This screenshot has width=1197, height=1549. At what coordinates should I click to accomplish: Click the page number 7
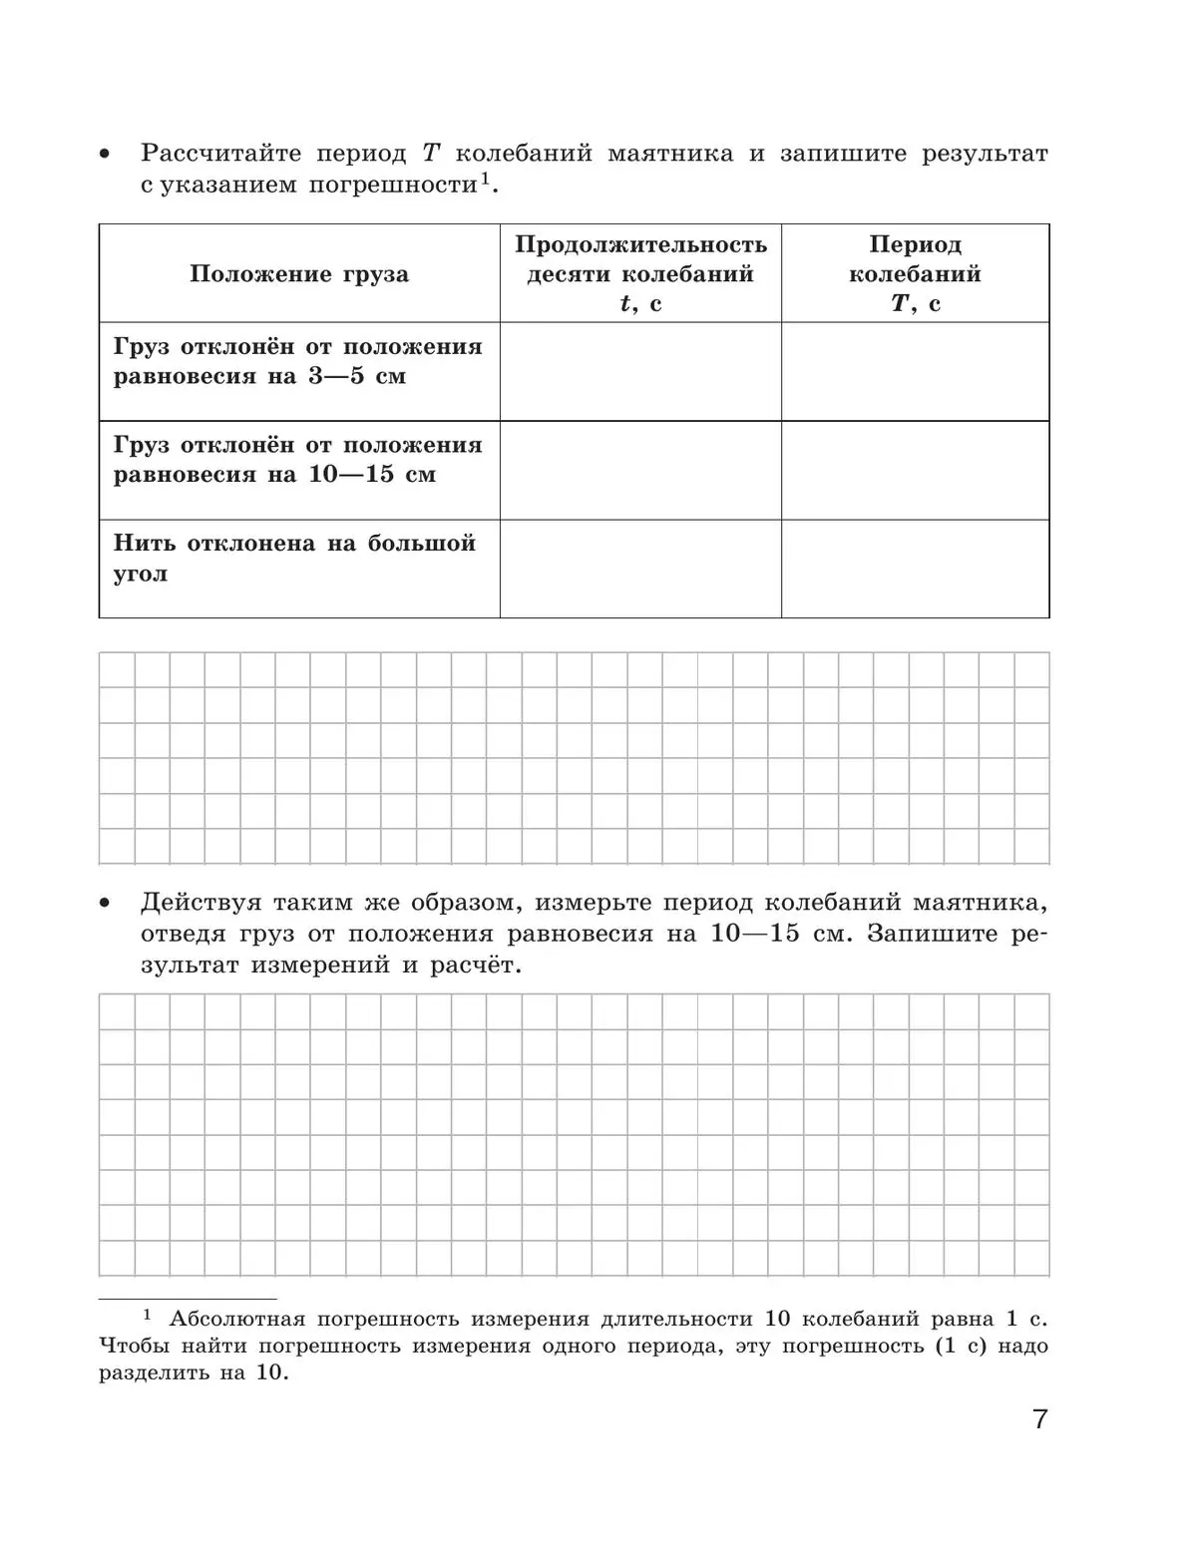click(x=1040, y=1419)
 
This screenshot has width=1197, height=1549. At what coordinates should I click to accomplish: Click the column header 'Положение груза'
click(x=299, y=274)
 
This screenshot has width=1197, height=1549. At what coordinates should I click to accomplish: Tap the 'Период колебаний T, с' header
click(x=915, y=273)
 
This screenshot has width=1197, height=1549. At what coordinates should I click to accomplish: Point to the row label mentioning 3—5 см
click(x=297, y=361)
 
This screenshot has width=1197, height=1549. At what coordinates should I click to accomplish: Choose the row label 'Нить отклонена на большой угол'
click(x=294, y=558)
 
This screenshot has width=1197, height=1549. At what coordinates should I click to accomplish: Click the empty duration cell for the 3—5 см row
click(x=640, y=371)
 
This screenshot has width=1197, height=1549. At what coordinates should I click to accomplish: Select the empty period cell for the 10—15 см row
click(x=915, y=470)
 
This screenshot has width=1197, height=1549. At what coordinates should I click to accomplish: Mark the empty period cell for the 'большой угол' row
click(x=915, y=569)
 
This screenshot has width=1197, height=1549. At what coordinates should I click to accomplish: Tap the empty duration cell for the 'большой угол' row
click(x=640, y=569)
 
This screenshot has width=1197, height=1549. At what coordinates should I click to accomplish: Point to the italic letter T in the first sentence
click(x=431, y=154)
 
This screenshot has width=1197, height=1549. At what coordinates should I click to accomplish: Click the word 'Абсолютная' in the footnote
click(x=236, y=1319)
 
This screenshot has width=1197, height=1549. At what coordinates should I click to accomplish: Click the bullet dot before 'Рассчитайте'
click(x=104, y=155)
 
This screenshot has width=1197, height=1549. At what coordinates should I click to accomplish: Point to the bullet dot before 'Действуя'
click(x=104, y=904)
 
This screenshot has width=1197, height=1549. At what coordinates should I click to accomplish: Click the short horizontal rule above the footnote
click(x=188, y=1300)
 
